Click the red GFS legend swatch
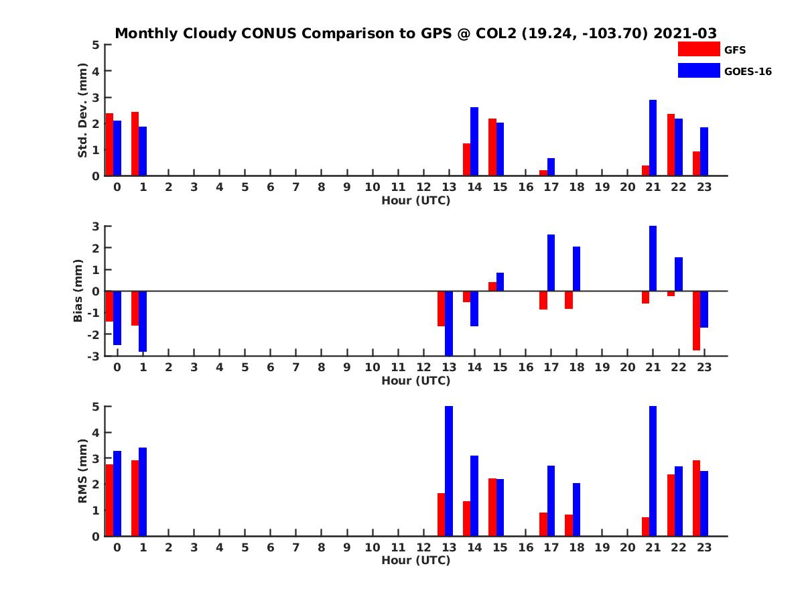[x=698, y=50]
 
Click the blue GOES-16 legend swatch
[x=698, y=70]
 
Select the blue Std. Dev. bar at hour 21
[x=653, y=138]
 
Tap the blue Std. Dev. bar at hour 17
[x=551, y=167]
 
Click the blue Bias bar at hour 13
[x=449, y=323]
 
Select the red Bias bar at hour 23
[x=696, y=320]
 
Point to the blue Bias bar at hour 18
[x=576, y=269]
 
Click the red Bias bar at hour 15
[x=492, y=287]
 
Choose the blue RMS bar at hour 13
[x=449, y=471]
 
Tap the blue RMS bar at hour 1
[x=142, y=492]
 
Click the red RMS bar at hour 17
[x=543, y=524]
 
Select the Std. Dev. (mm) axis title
[x=82, y=111]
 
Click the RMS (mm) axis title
[x=82, y=471]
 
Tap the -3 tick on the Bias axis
[x=94, y=356]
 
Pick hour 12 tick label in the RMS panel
[x=423, y=547]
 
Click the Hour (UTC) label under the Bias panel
[x=415, y=381]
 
